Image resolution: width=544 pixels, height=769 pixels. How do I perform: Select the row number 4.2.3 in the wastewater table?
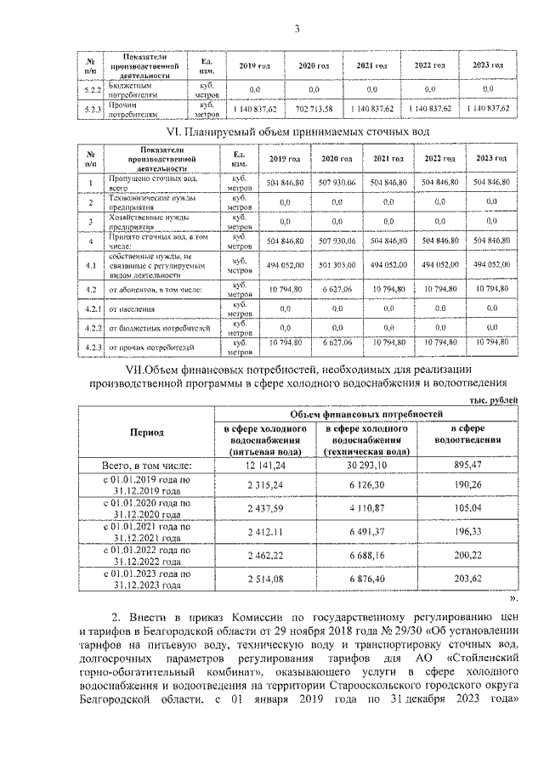coord(91,348)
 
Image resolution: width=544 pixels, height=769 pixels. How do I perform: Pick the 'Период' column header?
coord(146,433)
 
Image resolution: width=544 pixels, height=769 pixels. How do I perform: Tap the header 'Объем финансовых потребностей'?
coord(368,413)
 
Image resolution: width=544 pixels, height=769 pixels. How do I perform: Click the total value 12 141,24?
coord(263,466)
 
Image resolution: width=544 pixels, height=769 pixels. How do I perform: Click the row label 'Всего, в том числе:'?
coord(146,466)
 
